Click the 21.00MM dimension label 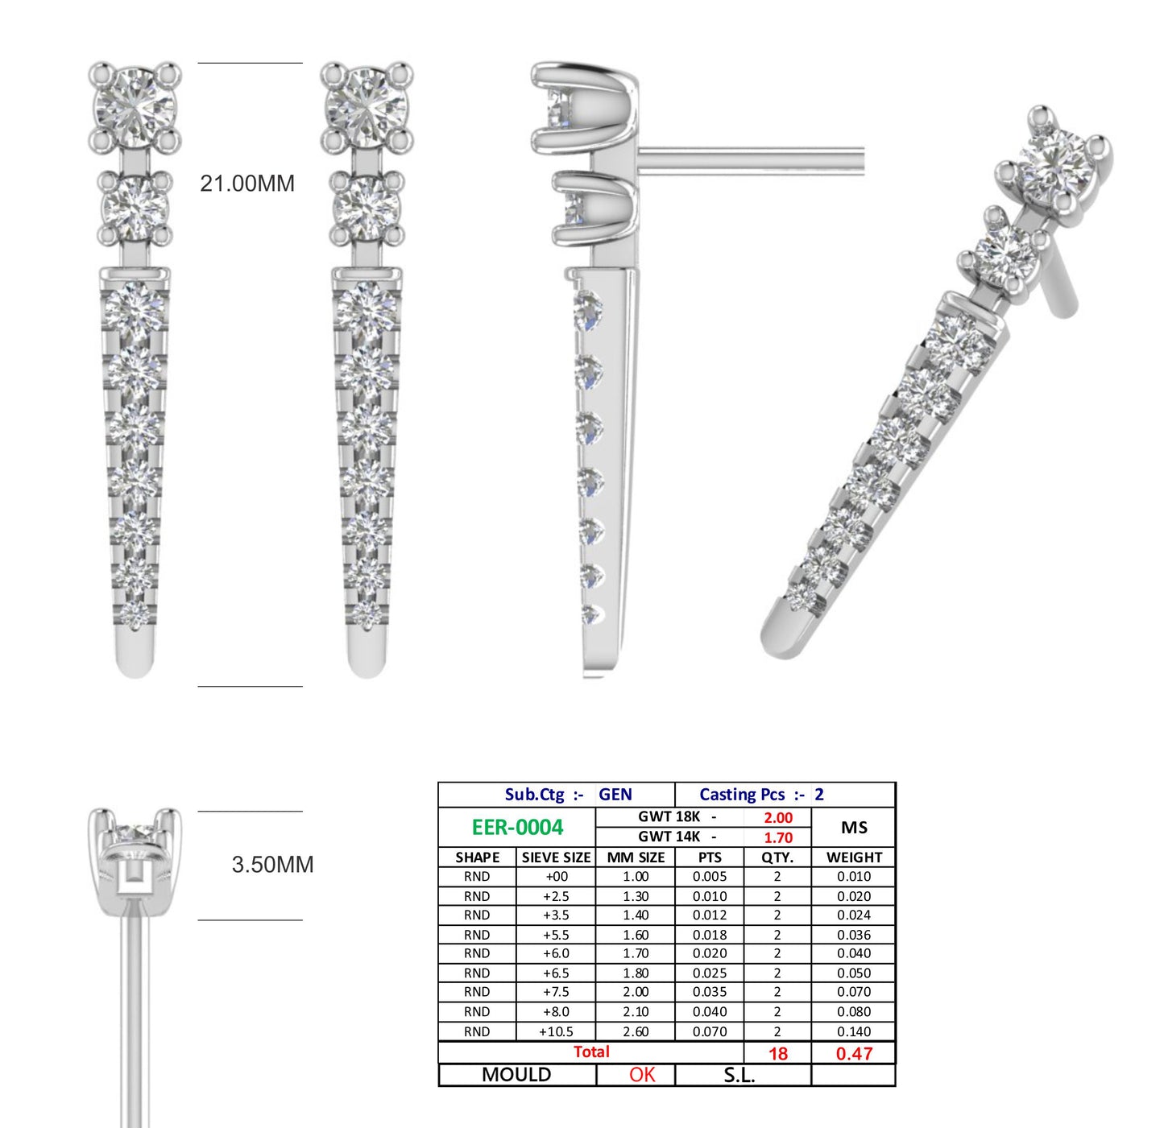point(247,184)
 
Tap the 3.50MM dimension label point(272,865)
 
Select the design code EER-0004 point(517,828)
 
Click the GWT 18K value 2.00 point(778,817)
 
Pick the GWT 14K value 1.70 point(778,837)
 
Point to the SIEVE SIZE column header point(556,857)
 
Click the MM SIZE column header point(636,857)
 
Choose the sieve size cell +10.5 point(556,1031)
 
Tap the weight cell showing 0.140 point(853,1031)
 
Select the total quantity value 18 point(778,1053)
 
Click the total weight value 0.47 point(853,1053)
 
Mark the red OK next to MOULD point(642,1075)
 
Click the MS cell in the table point(854,828)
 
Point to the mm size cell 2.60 point(636,1031)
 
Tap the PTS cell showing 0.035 point(710,992)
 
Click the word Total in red point(591,1052)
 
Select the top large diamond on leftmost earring point(134,107)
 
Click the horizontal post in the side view point(749,160)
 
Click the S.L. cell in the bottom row point(739,1075)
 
